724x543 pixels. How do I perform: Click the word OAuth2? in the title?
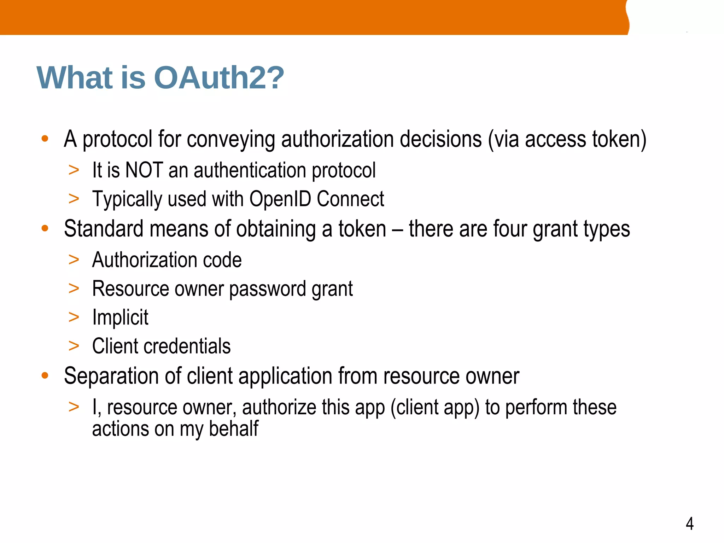coord(219,78)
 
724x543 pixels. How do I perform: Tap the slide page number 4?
coord(689,524)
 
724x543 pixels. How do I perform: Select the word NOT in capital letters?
coord(144,170)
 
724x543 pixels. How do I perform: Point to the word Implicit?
coord(120,317)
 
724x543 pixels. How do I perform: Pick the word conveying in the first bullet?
coord(231,139)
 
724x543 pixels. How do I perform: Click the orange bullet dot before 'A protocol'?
coord(45,139)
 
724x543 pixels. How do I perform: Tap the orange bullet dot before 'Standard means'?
coord(45,228)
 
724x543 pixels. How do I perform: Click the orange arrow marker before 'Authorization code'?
coord(74,260)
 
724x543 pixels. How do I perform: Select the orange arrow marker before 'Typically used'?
coord(74,199)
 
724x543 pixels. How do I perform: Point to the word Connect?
coord(350,199)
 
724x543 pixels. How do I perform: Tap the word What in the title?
coord(74,78)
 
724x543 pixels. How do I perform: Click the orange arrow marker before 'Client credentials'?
coord(74,346)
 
